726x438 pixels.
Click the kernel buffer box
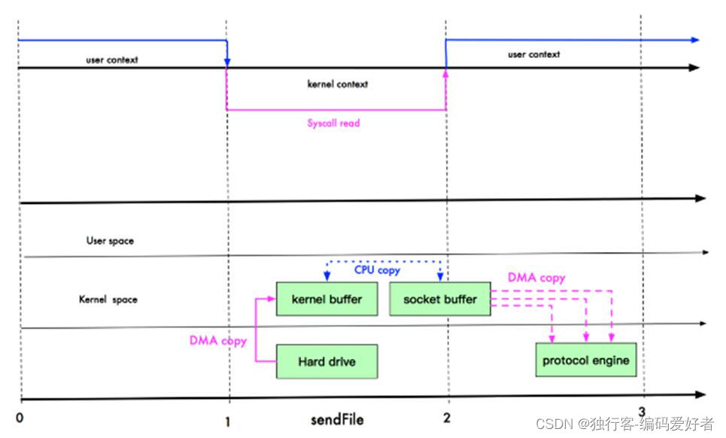(327, 300)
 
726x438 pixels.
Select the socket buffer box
(440, 300)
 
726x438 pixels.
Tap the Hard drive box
(327, 362)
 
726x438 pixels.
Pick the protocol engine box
(586, 360)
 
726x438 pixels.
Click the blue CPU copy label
(377, 269)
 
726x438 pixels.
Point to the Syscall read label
(333, 123)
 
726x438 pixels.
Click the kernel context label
(338, 84)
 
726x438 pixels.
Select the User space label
(110, 242)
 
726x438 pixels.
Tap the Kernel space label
(108, 300)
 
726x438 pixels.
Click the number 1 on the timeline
(227, 420)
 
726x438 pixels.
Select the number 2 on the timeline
(447, 418)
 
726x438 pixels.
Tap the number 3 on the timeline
(641, 411)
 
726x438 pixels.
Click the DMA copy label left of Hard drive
(218, 341)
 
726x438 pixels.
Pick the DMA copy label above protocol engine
(536, 278)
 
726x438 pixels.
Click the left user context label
(111, 59)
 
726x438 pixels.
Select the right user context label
(533, 54)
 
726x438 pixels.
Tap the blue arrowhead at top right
(694, 40)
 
